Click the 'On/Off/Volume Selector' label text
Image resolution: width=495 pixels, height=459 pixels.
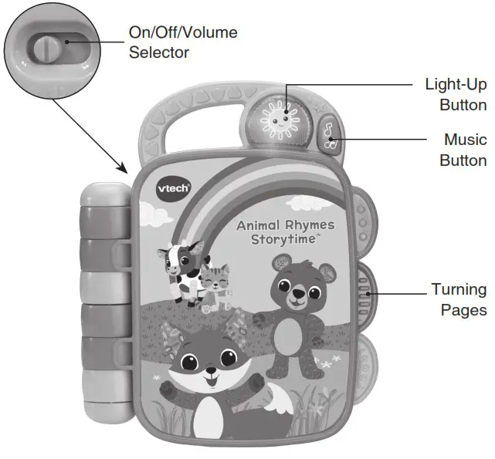tap(183, 42)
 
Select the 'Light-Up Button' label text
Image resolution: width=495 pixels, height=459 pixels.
tap(456, 94)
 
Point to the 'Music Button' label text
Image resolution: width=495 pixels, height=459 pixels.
tap(463, 150)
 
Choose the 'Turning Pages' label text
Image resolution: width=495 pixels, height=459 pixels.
tap(459, 300)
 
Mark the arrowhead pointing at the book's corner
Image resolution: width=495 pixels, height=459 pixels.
tap(124, 167)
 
